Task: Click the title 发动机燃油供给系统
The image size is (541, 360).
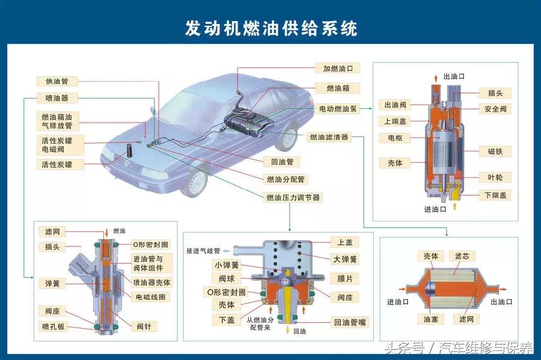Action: [270, 29]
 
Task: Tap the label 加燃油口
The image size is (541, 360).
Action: [338, 69]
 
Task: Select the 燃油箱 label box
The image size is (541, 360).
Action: [338, 88]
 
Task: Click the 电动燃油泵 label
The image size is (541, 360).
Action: [338, 109]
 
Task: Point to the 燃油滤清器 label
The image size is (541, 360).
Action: [329, 138]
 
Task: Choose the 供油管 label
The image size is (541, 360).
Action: [57, 81]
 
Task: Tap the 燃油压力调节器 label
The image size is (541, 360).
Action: [293, 197]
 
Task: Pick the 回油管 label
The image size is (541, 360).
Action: [282, 162]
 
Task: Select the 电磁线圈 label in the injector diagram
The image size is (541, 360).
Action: [152, 297]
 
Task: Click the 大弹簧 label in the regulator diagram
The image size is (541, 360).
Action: [345, 259]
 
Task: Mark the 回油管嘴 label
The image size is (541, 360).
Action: [350, 323]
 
